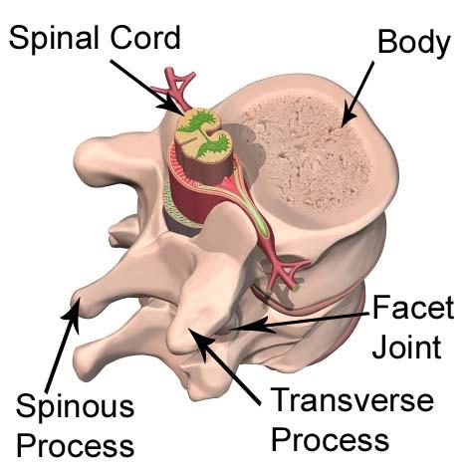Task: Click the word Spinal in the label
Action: tap(54, 39)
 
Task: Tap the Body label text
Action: tap(414, 43)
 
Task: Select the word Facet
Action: tap(413, 308)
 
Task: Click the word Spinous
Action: tap(75, 406)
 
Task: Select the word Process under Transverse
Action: tap(330, 440)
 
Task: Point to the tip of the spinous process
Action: tap(77, 303)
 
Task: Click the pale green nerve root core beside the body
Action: tap(251, 213)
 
